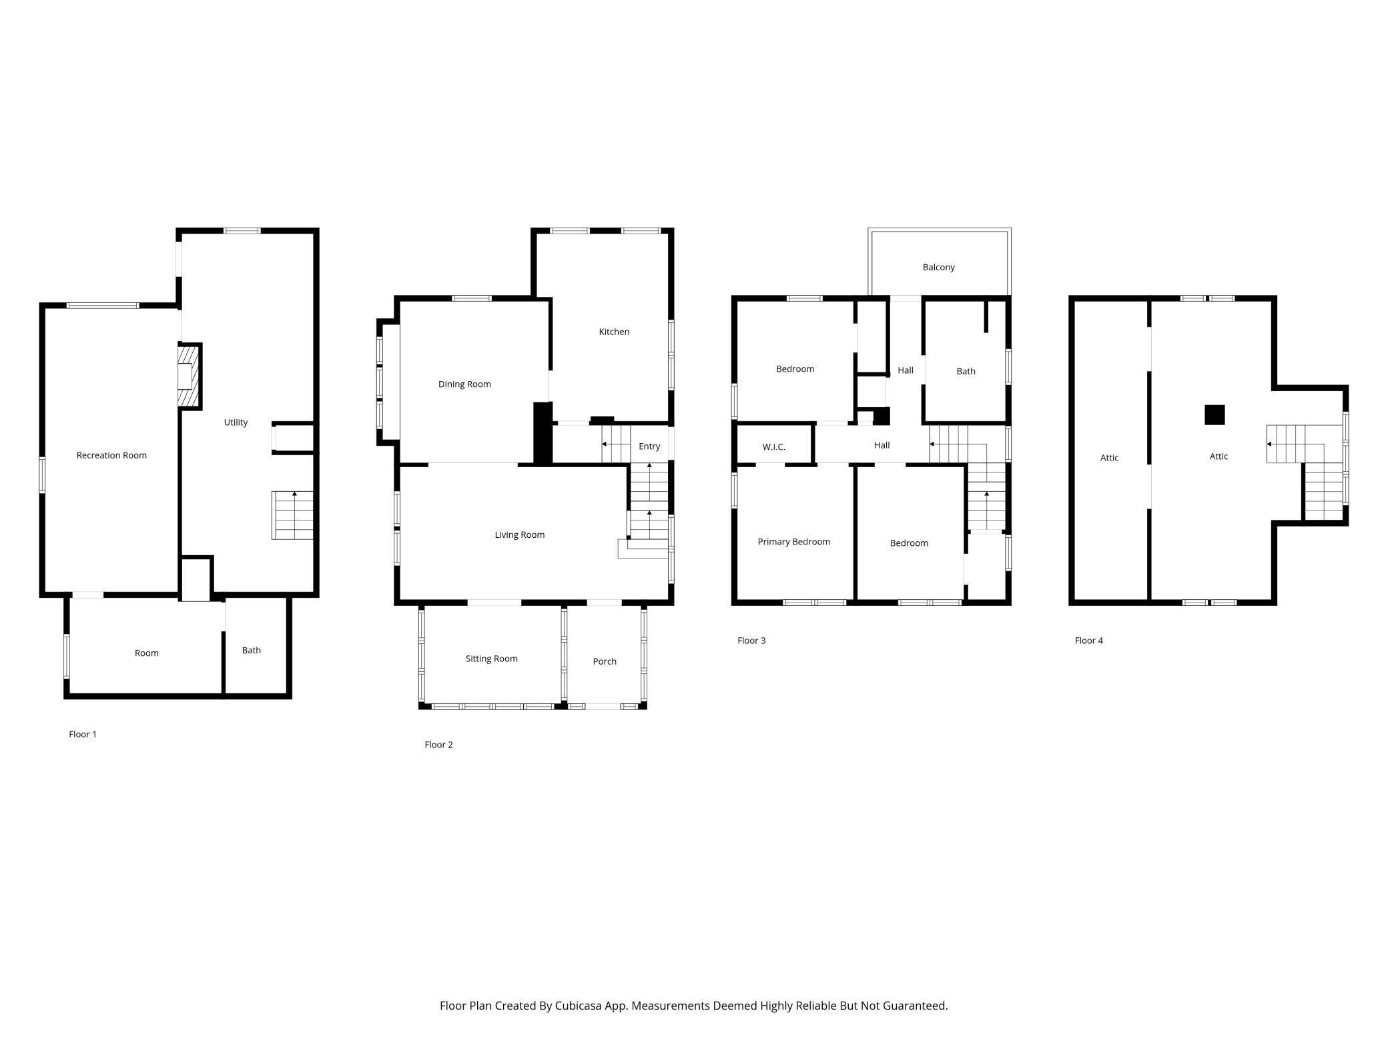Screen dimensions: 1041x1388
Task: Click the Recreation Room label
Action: click(111, 455)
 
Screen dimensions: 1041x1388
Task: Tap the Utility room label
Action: click(236, 422)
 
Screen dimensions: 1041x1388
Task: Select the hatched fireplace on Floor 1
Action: click(189, 376)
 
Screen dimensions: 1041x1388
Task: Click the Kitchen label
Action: click(614, 332)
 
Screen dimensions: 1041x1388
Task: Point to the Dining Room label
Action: click(464, 384)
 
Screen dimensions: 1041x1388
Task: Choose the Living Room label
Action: click(519, 535)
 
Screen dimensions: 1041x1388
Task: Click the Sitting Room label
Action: click(491, 659)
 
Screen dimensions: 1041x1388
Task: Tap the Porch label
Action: click(605, 661)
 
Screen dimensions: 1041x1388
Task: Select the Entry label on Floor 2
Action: click(649, 446)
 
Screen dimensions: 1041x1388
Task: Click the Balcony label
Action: click(938, 267)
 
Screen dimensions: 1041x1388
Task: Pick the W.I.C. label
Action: click(773, 447)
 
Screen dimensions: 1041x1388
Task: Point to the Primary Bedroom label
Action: click(793, 542)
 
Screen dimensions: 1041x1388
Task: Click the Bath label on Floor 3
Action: click(966, 371)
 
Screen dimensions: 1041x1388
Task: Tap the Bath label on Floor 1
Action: click(251, 650)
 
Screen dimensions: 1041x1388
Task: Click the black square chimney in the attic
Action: click(1214, 414)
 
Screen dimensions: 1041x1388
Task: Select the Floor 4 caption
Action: click(1088, 641)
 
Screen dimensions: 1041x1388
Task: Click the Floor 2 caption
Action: click(438, 745)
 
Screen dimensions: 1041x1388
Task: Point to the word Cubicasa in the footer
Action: click(579, 1006)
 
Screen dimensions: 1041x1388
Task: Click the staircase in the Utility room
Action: click(292, 515)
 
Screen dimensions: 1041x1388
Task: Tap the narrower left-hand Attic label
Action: click(1109, 458)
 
